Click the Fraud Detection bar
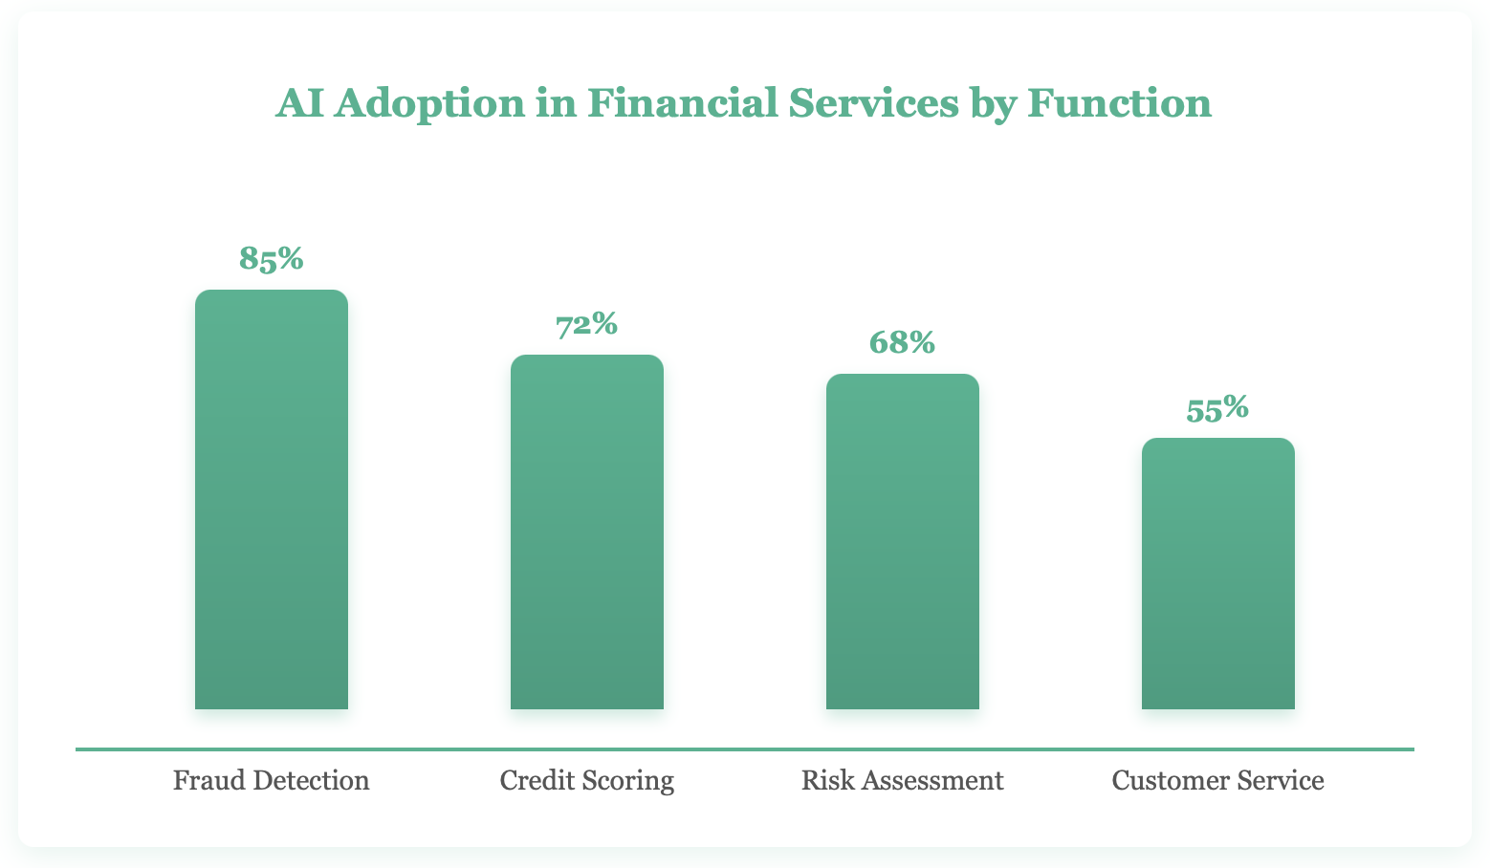click(x=272, y=499)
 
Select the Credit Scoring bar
click(x=587, y=532)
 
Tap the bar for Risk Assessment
click(x=903, y=541)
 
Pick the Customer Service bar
click(x=1218, y=574)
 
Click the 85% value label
click(x=272, y=258)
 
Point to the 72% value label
click(x=587, y=324)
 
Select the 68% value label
click(x=902, y=342)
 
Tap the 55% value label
click(x=1217, y=408)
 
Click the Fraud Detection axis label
click(x=272, y=781)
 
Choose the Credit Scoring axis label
click(x=587, y=781)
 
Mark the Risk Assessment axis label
click(x=903, y=781)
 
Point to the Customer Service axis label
click(x=1218, y=781)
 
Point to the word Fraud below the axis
click(x=204, y=781)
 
